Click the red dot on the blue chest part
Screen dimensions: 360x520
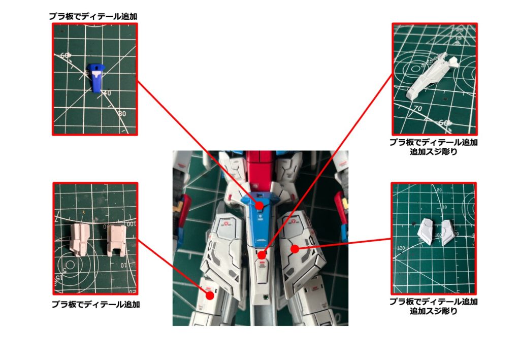[x=259, y=206]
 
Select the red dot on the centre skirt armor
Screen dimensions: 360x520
[x=262, y=255]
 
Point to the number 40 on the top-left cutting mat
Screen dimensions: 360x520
[x=107, y=93]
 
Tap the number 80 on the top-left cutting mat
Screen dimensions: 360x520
[x=121, y=114]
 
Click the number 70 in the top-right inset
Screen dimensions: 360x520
[x=418, y=108]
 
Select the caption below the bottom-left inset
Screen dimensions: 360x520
[x=96, y=305]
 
